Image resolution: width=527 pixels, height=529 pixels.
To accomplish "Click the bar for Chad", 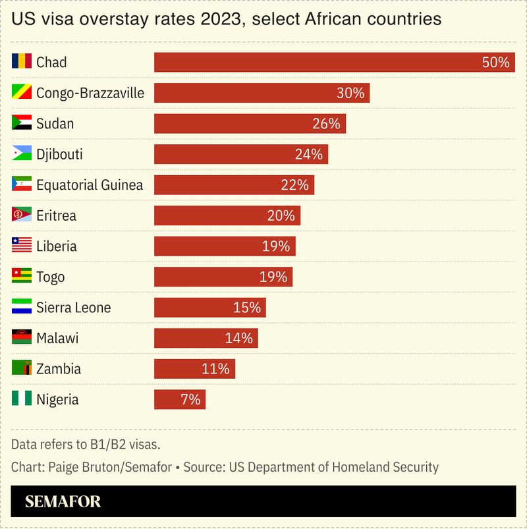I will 334,63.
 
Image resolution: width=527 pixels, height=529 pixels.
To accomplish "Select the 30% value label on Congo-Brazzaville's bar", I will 350,93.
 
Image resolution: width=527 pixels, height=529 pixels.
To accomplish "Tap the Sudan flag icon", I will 22,123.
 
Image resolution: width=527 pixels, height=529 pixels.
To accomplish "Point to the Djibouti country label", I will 59,154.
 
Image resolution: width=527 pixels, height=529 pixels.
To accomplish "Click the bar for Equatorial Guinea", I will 234,185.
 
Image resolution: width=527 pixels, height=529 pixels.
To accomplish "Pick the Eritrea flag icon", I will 22,215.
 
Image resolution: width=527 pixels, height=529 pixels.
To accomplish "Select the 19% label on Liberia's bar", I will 275,246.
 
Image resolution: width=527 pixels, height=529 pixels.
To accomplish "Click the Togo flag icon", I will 22,277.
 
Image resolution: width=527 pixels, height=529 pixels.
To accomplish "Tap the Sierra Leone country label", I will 73,308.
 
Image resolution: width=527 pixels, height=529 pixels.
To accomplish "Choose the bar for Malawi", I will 206,338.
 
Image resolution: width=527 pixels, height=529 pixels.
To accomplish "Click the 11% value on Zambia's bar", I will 215,369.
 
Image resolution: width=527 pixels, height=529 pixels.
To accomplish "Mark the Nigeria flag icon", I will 22,399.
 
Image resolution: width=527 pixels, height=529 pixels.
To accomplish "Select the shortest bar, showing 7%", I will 179,399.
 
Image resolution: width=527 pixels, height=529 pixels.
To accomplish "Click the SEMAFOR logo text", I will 63,502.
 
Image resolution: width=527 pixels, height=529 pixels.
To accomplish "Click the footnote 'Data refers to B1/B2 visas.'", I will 86,444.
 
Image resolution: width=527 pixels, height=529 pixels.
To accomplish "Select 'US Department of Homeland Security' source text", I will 333,467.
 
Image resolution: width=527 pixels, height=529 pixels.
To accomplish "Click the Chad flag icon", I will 22,62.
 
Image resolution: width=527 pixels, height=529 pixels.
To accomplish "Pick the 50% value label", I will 496,63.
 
